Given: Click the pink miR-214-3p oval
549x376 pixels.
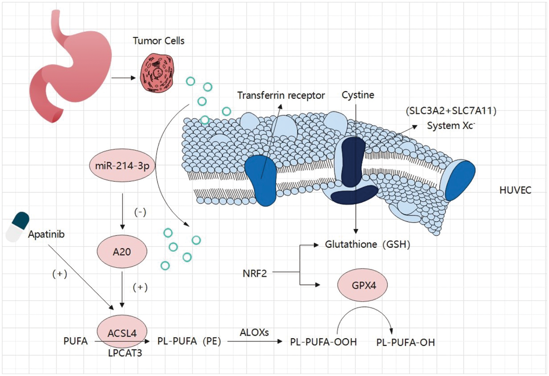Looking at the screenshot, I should pyautogui.click(x=122, y=165).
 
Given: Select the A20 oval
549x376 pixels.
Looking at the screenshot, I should pyautogui.click(x=122, y=252).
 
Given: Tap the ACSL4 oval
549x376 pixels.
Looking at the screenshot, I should pyautogui.click(x=122, y=331).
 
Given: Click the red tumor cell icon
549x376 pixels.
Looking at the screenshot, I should pyautogui.click(x=158, y=73).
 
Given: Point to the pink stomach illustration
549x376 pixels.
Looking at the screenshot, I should pyautogui.click(x=73, y=66).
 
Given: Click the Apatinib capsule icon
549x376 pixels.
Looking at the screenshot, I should pyautogui.click(x=18, y=227).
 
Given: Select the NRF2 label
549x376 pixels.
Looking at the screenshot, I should pyautogui.click(x=255, y=273).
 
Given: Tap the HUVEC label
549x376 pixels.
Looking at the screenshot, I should pyautogui.click(x=515, y=190).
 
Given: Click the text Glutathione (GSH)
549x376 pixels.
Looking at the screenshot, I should pyautogui.click(x=367, y=244).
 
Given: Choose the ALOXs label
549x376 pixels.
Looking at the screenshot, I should pyautogui.click(x=254, y=332).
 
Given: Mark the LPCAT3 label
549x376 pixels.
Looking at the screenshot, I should pyautogui.click(x=125, y=353).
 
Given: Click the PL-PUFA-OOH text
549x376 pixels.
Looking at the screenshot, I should pyautogui.click(x=323, y=342).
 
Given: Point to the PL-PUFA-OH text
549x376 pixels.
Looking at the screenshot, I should pyautogui.click(x=406, y=342).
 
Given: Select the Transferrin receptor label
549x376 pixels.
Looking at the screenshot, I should pyautogui.click(x=281, y=95).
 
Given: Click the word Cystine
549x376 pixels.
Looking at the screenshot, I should pyautogui.click(x=358, y=95).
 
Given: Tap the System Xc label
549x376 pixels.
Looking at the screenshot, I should pyautogui.click(x=451, y=125).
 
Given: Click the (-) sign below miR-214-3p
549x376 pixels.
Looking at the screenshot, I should pyautogui.click(x=140, y=212).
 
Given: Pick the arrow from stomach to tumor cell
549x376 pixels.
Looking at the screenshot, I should pyautogui.click(x=123, y=78).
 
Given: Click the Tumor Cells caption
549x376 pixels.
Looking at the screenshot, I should pyautogui.click(x=158, y=41).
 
